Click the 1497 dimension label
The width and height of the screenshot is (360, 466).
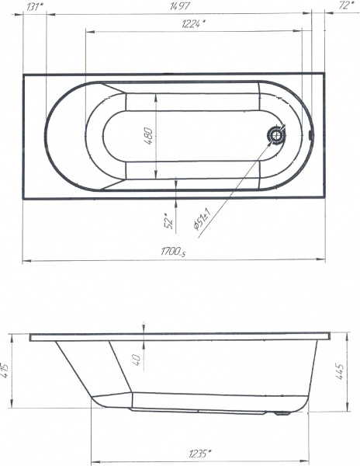(179, 5)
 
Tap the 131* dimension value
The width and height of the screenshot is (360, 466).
(35, 6)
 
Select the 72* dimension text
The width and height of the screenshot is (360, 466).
(346, 5)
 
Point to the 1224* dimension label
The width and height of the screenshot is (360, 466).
(193, 23)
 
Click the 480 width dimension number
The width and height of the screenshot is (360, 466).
(148, 136)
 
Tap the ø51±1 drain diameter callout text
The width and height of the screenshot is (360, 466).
(202, 219)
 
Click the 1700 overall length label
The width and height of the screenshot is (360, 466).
(173, 252)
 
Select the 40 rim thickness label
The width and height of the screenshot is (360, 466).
(137, 360)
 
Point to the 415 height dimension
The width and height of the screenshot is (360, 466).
(5, 370)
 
